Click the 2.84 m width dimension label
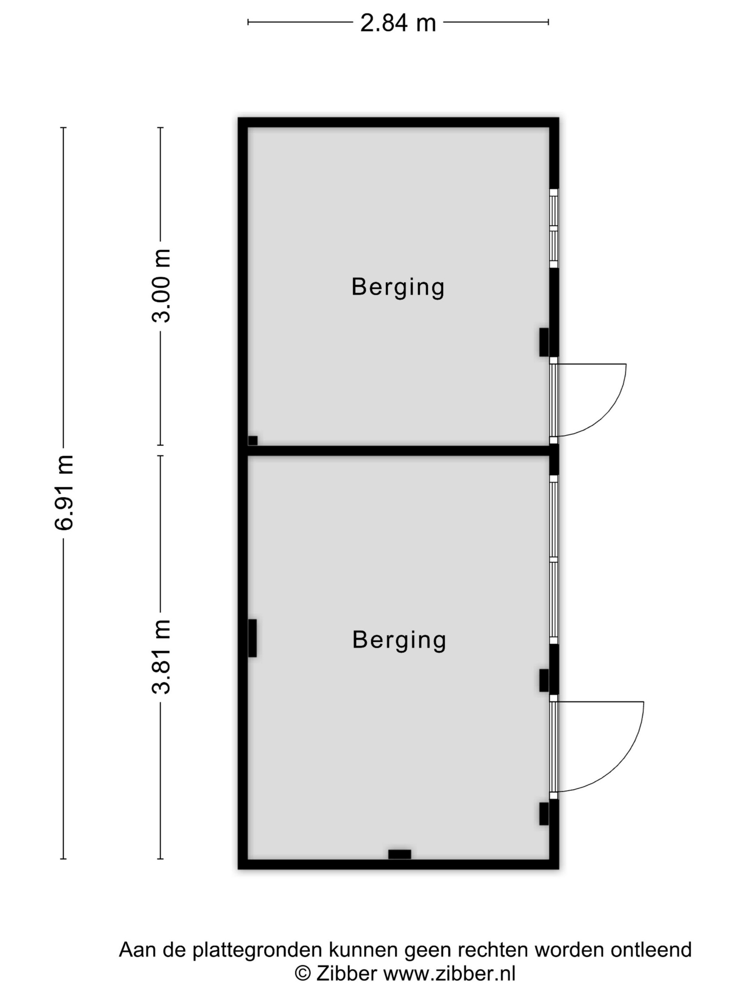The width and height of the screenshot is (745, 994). [398, 23]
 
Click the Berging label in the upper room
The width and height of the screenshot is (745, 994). [398, 287]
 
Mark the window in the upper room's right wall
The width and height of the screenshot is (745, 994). [554, 228]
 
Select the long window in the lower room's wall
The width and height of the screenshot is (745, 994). [554, 559]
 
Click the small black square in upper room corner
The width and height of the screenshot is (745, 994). [253, 441]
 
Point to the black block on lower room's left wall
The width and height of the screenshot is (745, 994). [252, 638]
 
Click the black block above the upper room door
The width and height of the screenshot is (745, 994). [544, 343]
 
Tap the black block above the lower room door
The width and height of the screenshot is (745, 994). [544, 680]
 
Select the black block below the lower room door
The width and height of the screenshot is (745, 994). [544, 814]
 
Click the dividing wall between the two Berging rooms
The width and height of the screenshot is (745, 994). [399, 451]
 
